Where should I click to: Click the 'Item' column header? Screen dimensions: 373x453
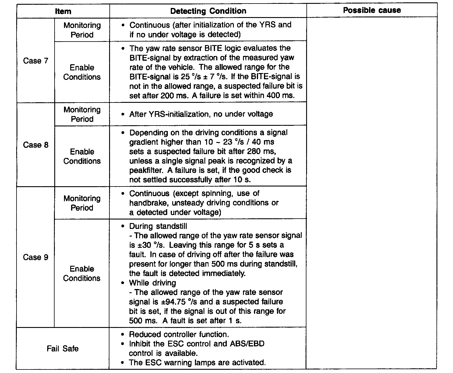tap(63, 11)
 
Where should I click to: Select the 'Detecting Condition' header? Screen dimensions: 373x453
tap(208, 11)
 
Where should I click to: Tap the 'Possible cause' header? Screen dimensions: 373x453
tap(372, 10)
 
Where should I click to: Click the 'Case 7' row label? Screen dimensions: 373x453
tap(36, 61)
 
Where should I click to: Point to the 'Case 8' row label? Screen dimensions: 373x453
tap(36, 145)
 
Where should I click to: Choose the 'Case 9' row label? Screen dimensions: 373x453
tap(36, 257)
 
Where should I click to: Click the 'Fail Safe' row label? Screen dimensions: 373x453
tap(63, 349)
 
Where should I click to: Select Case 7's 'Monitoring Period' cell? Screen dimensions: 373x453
tap(82, 30)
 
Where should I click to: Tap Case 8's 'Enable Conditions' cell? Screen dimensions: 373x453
tap(82, 156)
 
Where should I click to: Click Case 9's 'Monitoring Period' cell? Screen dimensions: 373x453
tap(82, 203)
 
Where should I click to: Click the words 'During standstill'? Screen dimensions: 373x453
tap(158, 226)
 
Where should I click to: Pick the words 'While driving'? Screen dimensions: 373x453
tap(152, 283)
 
